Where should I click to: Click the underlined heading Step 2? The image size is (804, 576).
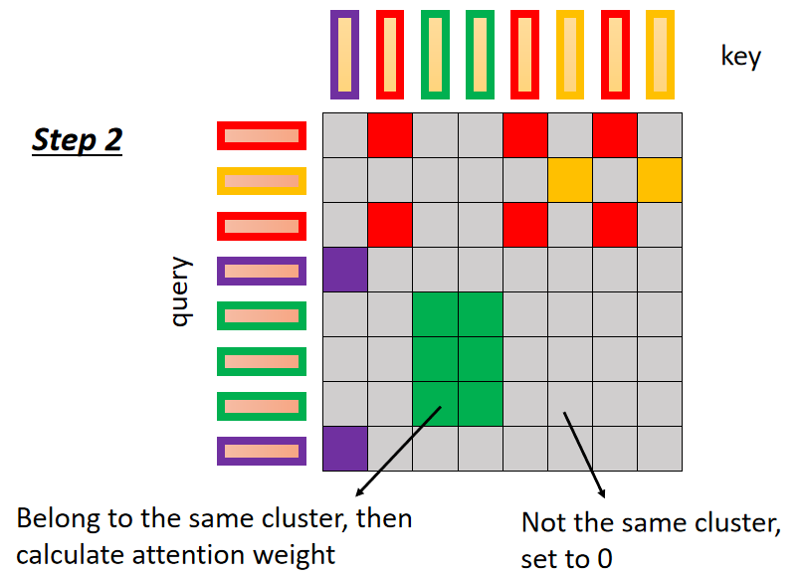coord(77,139)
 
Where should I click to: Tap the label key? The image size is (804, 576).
coord(740,57)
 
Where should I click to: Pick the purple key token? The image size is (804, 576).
coord(344,56)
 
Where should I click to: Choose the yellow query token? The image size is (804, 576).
coord(261,181)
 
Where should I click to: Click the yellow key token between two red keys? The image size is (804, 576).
coord(570,56)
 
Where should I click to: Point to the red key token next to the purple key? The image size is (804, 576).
coord(390,56)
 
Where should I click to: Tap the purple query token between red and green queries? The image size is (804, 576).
coord(261,271)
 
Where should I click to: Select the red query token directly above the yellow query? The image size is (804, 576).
coord(261,136)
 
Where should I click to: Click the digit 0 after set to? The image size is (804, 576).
coord(604,558)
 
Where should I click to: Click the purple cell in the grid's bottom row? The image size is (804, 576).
coord(345,449)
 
